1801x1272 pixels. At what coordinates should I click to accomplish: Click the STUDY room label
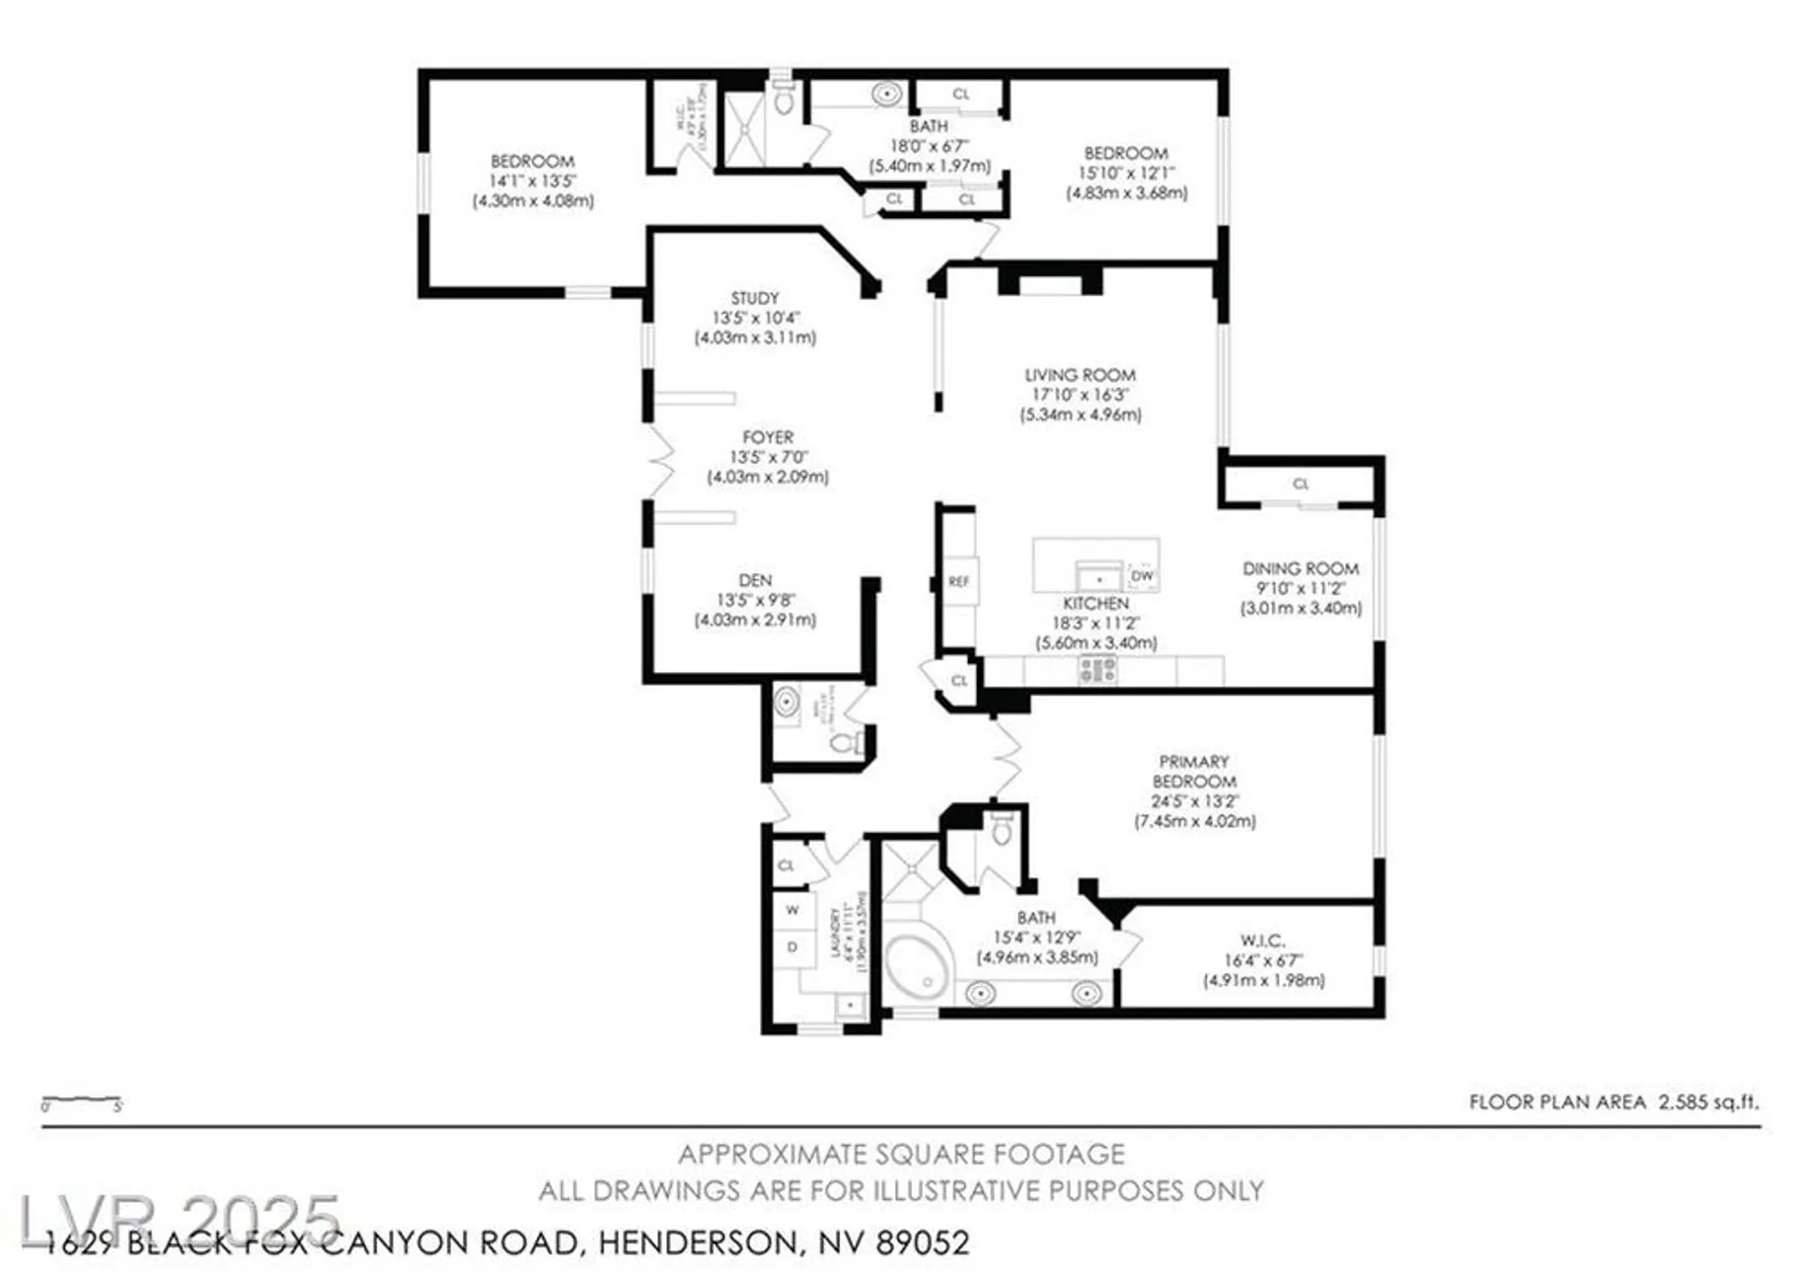click(755, 298)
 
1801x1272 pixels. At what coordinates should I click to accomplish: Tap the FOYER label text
click(768, 437)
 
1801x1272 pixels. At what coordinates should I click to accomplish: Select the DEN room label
click(755, 581)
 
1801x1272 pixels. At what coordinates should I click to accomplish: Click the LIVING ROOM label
click(1080, 375)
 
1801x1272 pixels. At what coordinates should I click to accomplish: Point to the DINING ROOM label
click(1300, 568)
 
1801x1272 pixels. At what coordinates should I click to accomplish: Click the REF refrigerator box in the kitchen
click(959, 582)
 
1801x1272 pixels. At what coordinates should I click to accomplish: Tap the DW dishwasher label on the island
click(1142, 576)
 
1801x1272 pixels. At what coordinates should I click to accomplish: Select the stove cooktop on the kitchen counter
click(1098, 669)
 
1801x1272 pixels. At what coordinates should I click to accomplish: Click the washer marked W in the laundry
click(792, 910)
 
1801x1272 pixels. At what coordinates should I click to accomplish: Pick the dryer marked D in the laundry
click(792, 947)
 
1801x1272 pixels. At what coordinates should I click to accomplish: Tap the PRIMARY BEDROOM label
click(1194, 772)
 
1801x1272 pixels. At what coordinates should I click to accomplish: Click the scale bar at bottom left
click(81, 1101)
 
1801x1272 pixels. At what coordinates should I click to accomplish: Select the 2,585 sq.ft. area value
click(1708, 1102)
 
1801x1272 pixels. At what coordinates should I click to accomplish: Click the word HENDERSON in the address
click(697, 1244)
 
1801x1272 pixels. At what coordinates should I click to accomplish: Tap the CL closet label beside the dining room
click(1300, 484)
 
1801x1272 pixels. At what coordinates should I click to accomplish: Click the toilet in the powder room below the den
click(844, 742)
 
